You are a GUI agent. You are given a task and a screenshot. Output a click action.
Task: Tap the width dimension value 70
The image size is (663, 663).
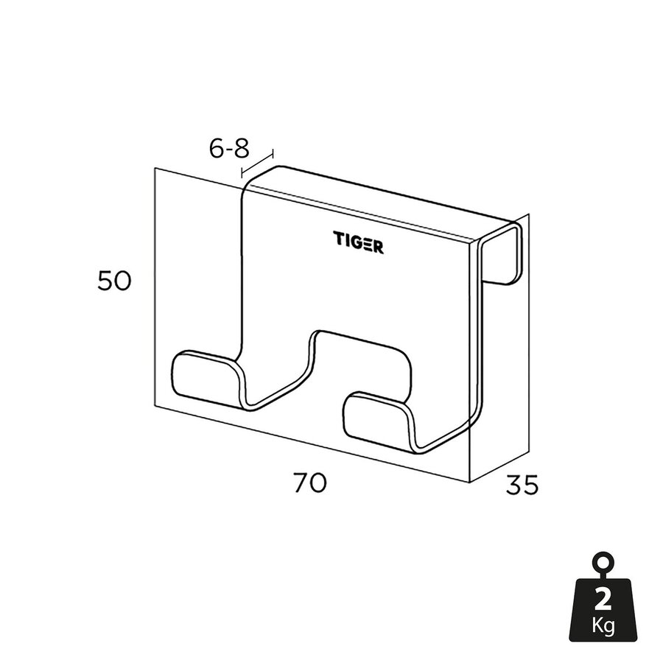(x=309, y=483)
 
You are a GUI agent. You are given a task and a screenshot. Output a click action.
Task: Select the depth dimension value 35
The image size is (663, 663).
(x=522, y=485)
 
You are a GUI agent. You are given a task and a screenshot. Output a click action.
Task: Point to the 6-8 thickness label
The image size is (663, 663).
(x=229, y=149)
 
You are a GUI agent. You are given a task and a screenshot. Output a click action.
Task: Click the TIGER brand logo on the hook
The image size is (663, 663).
(x=357, y=242)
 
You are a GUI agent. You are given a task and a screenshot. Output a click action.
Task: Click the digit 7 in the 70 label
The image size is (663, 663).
(x=301, y=483)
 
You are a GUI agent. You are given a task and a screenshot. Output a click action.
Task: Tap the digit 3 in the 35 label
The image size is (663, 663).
(x=513, y=485)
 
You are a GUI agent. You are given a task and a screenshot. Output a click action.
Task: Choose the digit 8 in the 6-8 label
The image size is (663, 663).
(x=240, y=149)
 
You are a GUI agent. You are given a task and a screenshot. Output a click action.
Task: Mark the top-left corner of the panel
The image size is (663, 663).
(x=155, y=168)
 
